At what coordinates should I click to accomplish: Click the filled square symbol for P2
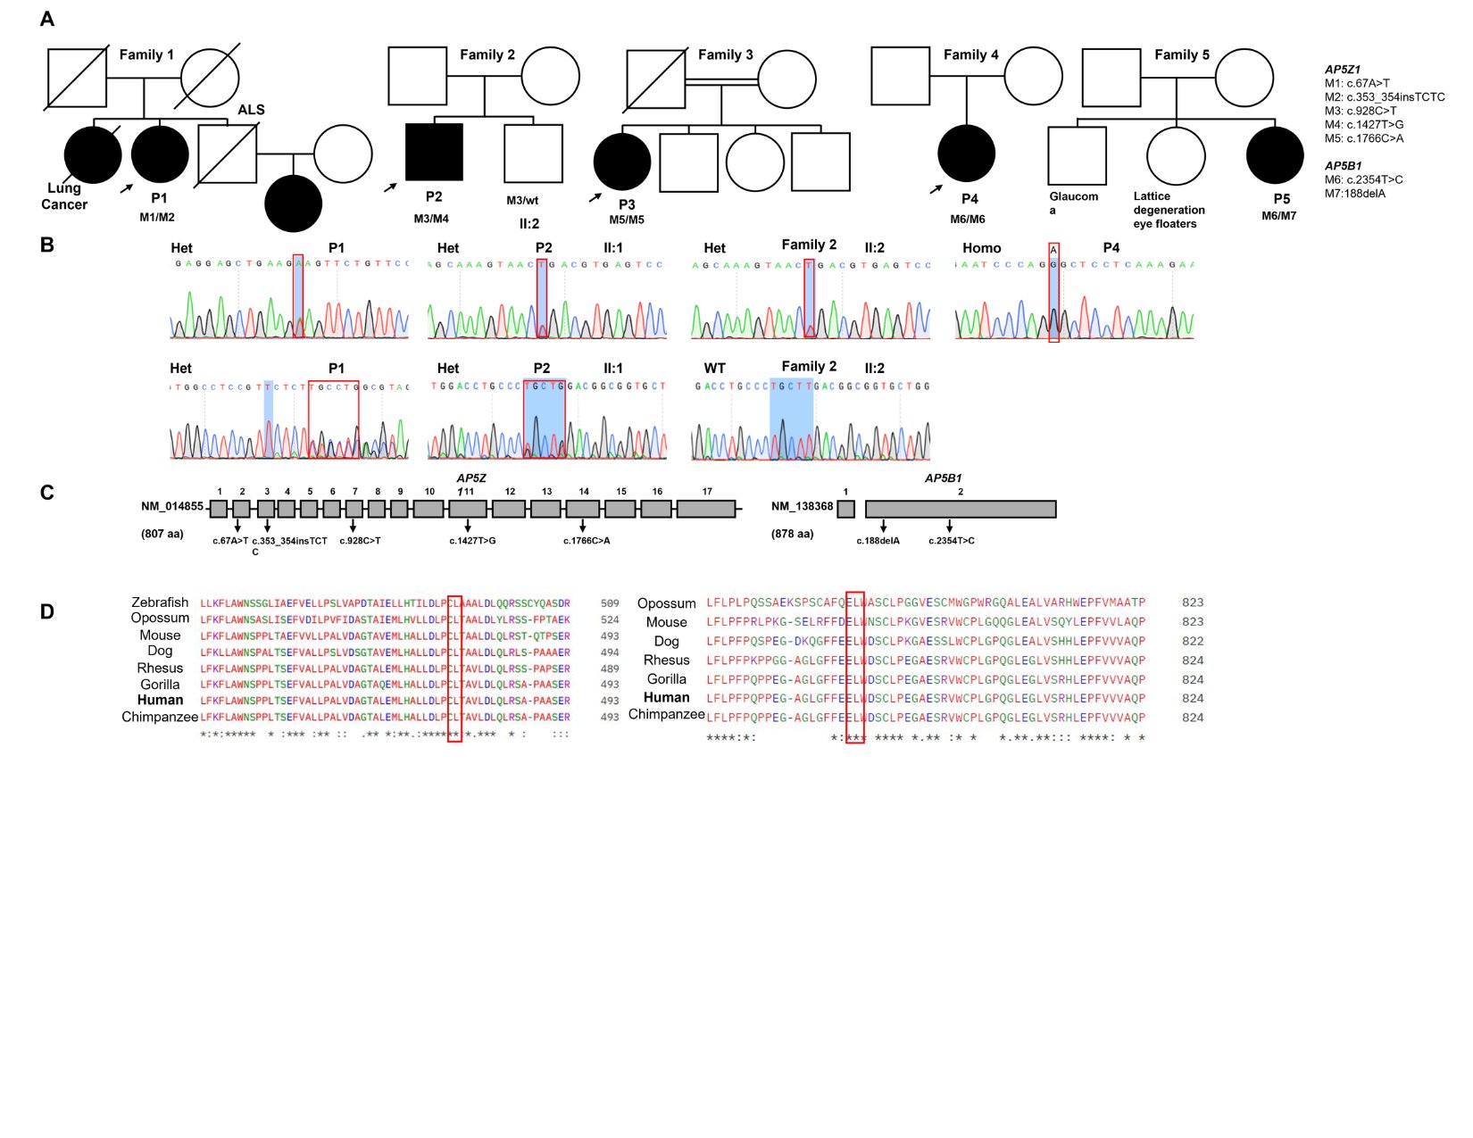[x=434, y=152]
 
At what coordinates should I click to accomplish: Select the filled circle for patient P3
[x=622, y=162]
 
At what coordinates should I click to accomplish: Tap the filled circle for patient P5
[x=1275, y=155]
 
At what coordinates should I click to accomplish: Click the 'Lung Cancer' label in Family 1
[x=64, y=196]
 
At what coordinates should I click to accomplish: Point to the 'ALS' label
[x=251, y=110]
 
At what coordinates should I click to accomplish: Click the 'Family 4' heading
[x=970, y=54]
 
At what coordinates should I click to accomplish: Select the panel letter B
[x=47, y=245]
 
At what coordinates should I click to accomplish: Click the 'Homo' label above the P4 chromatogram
[x=981, y=248]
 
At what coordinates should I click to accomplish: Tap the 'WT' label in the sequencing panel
[x=714, y=369]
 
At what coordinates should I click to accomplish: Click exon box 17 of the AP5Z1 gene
[x=706, y=509]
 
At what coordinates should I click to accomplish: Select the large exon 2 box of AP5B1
[x=961, y=509]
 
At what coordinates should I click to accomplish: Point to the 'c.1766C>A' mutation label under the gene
[x=587, y=541]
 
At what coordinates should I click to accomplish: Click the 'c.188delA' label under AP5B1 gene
[x=878, y=541]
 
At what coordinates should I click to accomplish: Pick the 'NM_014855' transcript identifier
[x=172, y=507]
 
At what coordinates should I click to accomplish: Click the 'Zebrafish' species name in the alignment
[x=160, y=602]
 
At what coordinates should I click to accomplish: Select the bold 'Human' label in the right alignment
[x=666, y=697]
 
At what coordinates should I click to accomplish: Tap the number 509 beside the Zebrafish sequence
[x=610, y=603]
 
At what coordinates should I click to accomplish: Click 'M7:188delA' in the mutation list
[x=1354, y=194]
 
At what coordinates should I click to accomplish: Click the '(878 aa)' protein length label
[x=792, y=534]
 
